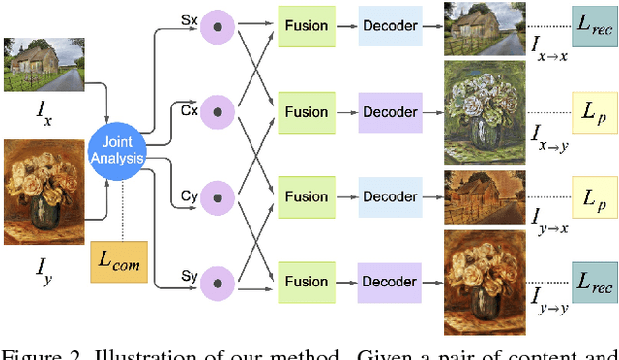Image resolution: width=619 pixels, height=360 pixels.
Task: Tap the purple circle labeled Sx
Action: (x=217, y=26)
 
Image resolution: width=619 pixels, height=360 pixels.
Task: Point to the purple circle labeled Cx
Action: (x=217, y=111)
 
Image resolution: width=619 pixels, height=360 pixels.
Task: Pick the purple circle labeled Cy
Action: (x=217, y=196)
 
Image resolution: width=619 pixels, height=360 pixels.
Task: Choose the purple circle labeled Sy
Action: (x=217, y=282)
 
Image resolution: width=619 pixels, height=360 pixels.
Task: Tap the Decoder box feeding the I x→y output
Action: (x=390, y=111)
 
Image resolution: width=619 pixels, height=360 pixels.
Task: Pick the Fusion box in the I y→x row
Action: (x=307, y=196)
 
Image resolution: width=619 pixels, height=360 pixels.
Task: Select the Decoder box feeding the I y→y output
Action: (x=390, y=282)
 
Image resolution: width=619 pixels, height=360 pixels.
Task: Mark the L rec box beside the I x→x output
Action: (x=593, y=26)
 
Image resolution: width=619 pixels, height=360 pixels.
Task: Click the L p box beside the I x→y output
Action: (x=593, y=111)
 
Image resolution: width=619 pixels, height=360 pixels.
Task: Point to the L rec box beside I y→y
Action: (x=593, y=282)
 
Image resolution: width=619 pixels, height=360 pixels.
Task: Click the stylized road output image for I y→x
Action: (x=485, y=197)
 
